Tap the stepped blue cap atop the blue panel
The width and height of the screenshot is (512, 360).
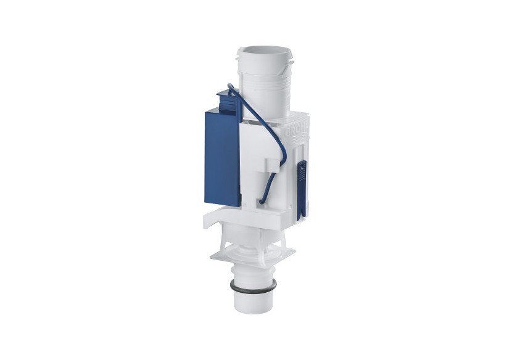pyautogui.click(x=229, y=100)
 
